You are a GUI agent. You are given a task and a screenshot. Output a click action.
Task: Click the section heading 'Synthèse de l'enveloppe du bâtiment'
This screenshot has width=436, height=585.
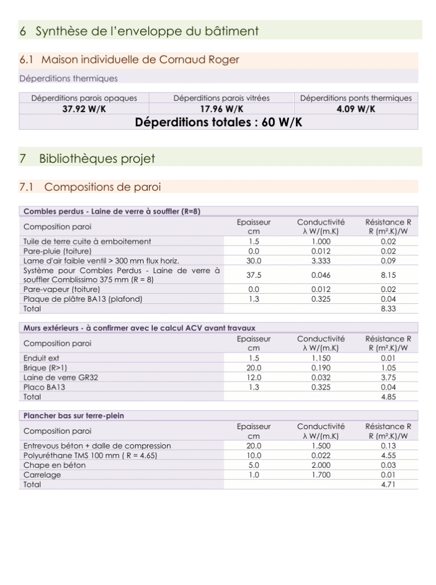click(x=147, y=31)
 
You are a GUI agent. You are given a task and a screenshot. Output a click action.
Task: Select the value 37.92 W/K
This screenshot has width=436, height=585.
click(x=84, y=109)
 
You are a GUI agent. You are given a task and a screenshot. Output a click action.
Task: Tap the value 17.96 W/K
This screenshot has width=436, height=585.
click(x=221, y=109)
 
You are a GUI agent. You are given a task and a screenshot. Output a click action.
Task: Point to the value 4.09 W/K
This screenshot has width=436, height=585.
click(x=355, y=109)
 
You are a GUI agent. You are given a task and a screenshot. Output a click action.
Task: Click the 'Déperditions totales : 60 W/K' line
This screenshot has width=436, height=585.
click(x=219, y=122)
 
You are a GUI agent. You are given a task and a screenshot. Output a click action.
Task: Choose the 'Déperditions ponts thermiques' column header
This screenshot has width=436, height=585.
click(x=355, y=98)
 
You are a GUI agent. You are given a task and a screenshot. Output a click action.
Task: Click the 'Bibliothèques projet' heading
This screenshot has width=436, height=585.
click(x=97, y=158)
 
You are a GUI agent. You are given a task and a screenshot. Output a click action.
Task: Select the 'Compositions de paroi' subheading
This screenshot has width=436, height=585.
click(x=102, y=187)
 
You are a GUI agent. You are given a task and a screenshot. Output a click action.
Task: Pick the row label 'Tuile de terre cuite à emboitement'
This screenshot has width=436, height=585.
click(x=87, y=242)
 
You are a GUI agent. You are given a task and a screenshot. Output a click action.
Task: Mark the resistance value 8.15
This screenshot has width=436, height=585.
click(x=388, y=275)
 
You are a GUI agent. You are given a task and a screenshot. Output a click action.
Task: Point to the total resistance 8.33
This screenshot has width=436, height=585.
click(x=388, y=308)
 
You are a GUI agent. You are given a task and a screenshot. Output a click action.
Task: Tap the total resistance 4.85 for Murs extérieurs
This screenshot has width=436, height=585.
click(x=388, y=396)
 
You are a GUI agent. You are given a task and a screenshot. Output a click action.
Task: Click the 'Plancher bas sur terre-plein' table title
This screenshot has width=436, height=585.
click(x=73, y=415)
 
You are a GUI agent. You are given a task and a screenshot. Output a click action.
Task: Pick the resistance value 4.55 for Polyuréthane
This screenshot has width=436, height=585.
click(x=388, y=456)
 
